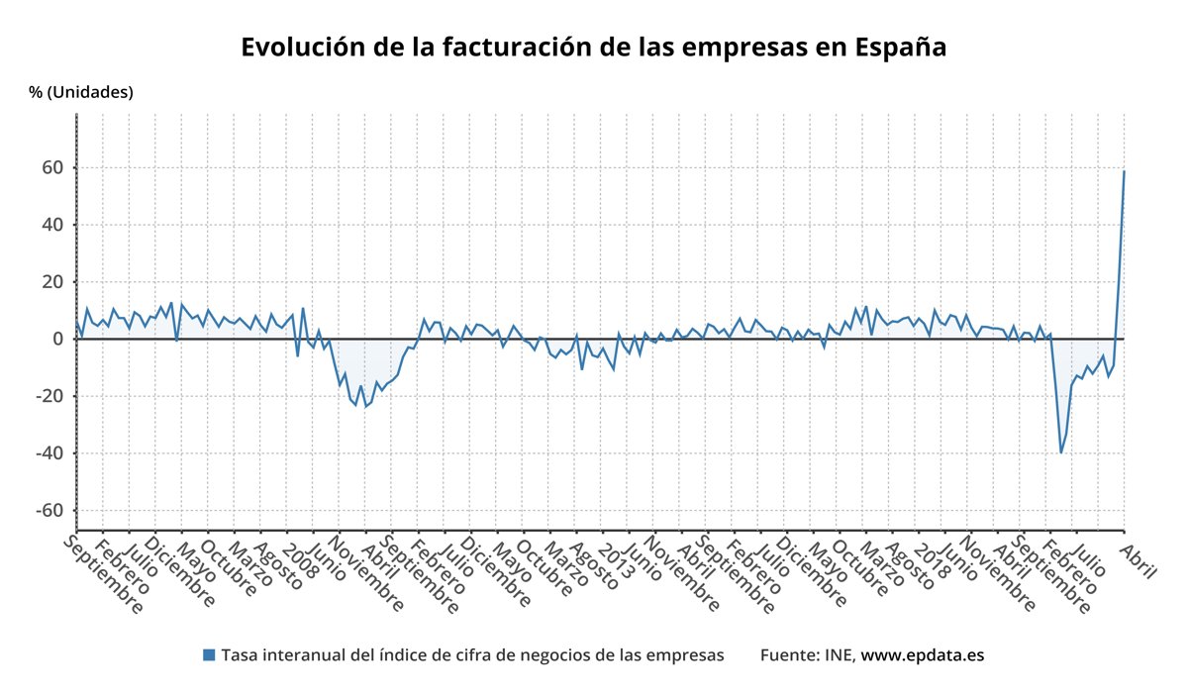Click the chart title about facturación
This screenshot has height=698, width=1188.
click(594, 48)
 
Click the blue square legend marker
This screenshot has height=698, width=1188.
click(209, 655)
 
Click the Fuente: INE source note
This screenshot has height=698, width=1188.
click(808, 655)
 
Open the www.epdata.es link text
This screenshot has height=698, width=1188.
click(923, 655)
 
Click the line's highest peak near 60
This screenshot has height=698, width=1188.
click(1124, 171)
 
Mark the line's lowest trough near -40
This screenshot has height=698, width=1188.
click(1061, 452)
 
